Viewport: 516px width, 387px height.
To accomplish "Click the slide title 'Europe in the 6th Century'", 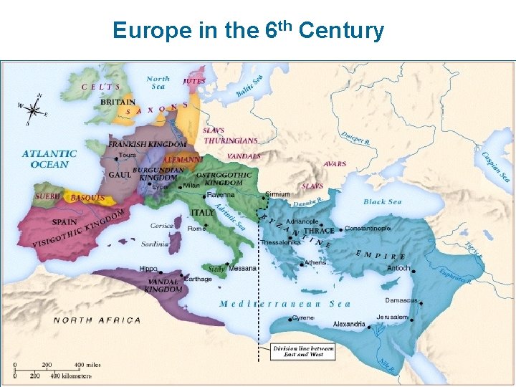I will click(x=248, y=31).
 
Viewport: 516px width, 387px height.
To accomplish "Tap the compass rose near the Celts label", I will click(x=33, y=108).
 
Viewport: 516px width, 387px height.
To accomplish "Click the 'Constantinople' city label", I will click(x=368, y=229).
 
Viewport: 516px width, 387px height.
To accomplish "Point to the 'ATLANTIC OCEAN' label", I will click(x=49, y=159).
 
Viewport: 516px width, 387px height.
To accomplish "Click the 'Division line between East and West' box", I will click(x=297, y=351).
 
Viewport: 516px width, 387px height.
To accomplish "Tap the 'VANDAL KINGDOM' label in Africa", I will click(x=163, y=285).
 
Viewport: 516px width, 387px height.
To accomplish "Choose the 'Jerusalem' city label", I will click(x=391, y=317).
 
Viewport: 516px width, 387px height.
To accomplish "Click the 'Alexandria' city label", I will click(x=349, y=325).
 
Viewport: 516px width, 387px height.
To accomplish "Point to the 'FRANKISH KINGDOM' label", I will click(x=147, y=144).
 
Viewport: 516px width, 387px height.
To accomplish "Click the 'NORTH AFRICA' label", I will click(x=97, y=320).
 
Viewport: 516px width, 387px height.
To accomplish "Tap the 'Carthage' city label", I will click(x=198, y=279).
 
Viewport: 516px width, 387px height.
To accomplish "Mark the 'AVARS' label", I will click(x=335, y=164).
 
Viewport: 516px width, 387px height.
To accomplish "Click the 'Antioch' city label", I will click(x=398, y=268).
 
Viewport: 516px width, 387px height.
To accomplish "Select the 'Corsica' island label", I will click(x=162, y=226).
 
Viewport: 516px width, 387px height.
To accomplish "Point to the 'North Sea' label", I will click(x=158, y=82).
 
